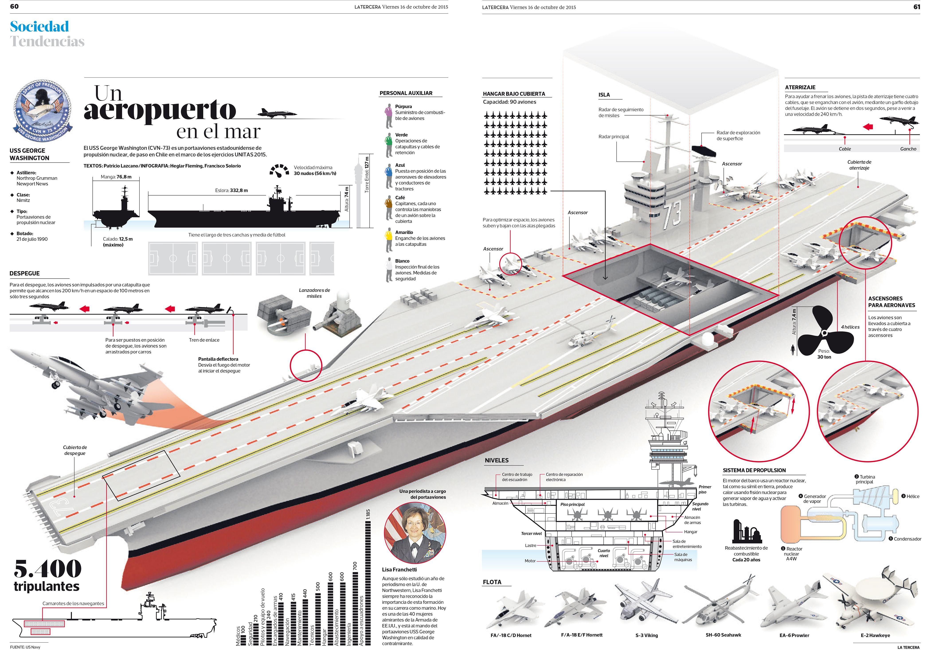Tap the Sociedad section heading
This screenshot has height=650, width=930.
point(39,27)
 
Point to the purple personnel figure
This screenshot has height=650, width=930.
point(388,116)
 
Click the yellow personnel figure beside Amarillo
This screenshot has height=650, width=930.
point(388,241)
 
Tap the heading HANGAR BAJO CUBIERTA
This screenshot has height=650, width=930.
point(514,94)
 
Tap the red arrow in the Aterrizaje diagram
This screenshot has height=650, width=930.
point(868,127)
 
